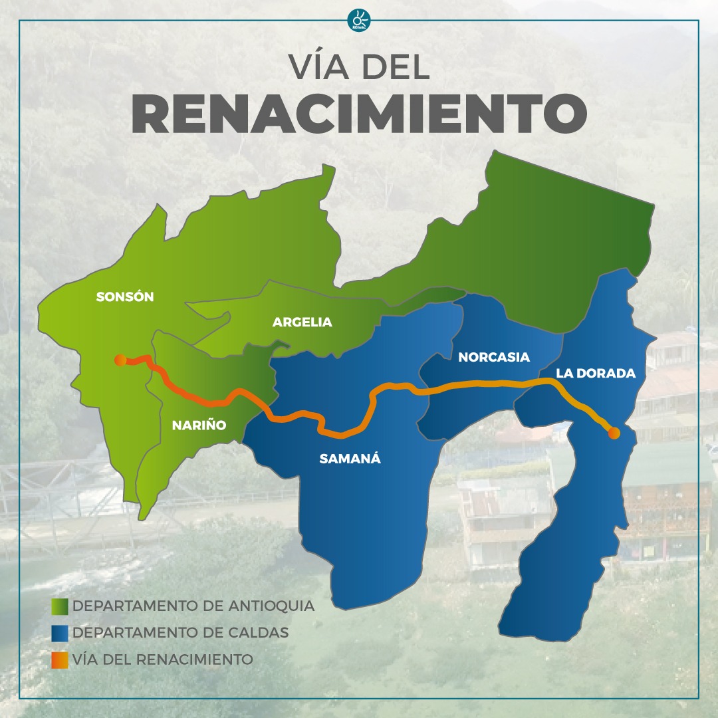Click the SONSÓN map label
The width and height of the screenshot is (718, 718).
(125, 297)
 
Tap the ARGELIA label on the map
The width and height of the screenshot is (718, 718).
(302, 322)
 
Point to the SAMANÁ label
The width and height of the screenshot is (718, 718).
(350, 458)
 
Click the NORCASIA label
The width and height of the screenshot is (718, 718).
(494, 358)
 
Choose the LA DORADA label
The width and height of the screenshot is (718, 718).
(596, 374)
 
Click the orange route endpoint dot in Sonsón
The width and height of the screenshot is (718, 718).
(120, 360)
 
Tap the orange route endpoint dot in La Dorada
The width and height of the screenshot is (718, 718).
(614, 433)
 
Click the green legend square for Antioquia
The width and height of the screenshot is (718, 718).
(60, 606)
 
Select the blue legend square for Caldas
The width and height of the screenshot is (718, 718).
(60, 633)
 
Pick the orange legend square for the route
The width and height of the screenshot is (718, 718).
(60, 660)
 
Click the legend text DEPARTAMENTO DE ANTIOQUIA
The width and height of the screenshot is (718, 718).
(193, 606)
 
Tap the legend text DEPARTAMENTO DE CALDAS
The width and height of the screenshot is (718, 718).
(181, 633)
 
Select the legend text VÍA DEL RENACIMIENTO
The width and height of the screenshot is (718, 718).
(163, 660)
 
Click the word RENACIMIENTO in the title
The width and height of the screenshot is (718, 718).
(359, 114)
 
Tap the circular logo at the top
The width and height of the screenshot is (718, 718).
(359, 20)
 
